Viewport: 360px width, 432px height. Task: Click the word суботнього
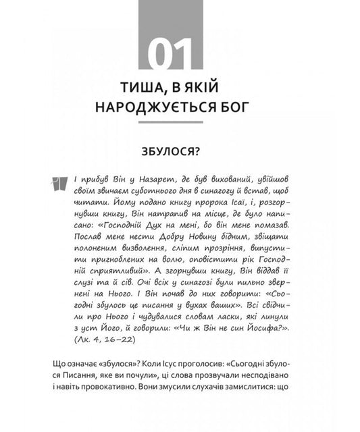tap(153, 191)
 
